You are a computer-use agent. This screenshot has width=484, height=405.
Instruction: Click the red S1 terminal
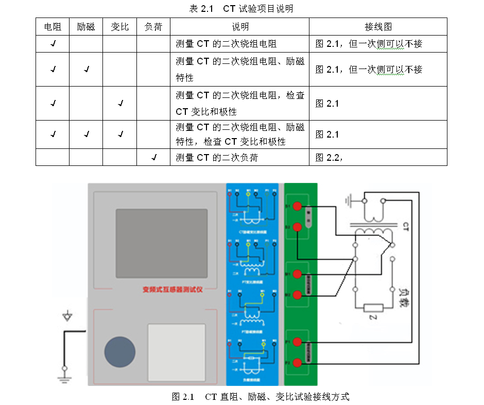[x=297, y=206]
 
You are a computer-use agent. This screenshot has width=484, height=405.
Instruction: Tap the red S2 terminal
[x=297, y=227]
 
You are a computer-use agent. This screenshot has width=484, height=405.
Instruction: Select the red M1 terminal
[x=297, y=273]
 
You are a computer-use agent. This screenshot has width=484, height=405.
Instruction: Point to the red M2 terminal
[x=297, y=294]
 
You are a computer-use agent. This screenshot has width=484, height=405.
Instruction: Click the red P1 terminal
[x=297, y=341]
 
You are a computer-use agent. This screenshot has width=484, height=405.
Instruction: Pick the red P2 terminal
[x=297, y=362]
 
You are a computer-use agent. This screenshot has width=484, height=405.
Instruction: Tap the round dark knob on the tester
[x=120, y=352]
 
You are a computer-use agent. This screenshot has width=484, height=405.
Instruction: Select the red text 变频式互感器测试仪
[x=172, y=290]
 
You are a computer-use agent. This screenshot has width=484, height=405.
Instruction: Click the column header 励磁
[x=86, y=27]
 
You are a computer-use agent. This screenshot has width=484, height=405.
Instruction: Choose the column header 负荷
[x=153, y=27]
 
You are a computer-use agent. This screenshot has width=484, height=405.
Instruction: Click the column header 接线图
[x=378, y=27]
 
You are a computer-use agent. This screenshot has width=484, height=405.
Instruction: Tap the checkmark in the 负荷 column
[x=153, y=157]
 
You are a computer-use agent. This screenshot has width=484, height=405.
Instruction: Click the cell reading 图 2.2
[x=329, y=158]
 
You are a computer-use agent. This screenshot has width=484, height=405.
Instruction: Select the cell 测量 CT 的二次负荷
[x=217, y=158]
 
